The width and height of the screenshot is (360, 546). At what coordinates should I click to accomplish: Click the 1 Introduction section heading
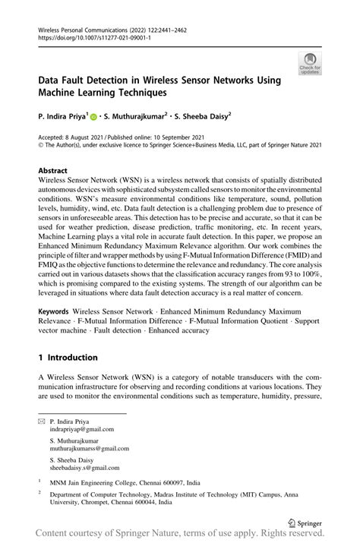click(68, 357)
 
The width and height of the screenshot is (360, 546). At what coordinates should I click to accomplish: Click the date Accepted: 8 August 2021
click(75, 139)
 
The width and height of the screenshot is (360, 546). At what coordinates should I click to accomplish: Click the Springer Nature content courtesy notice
click(180, 536)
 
